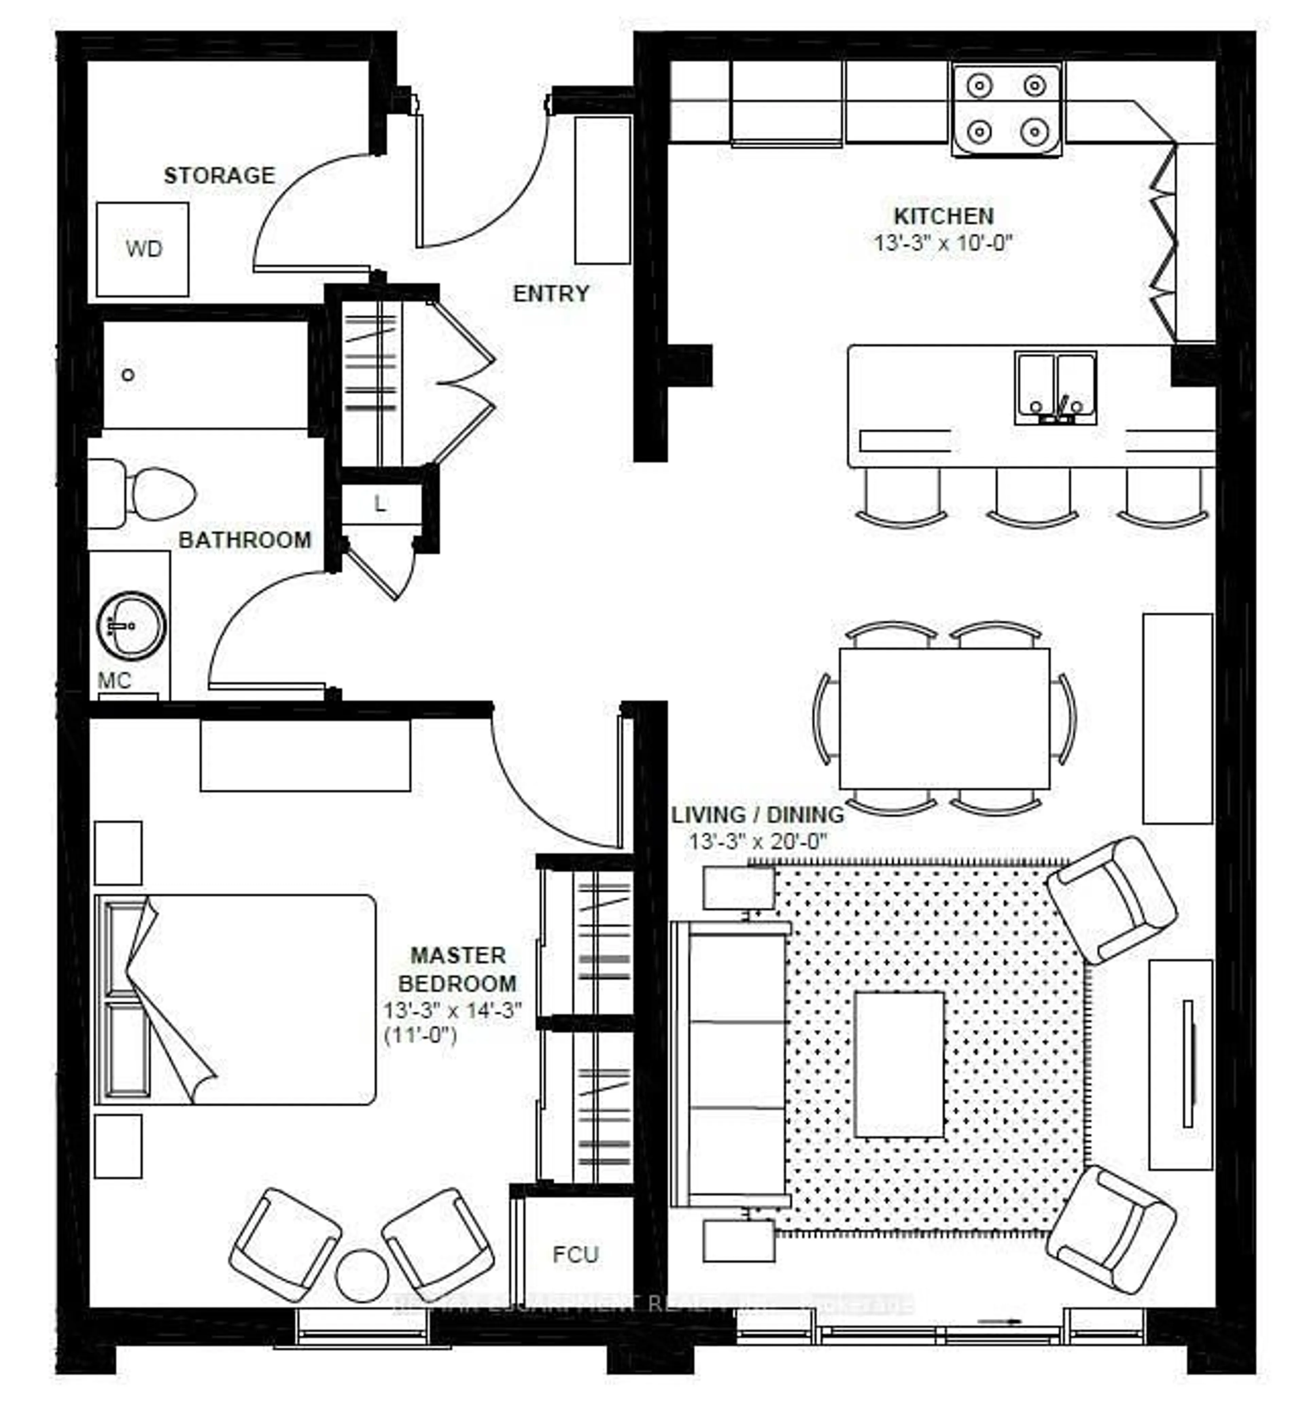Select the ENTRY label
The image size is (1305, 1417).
(551, 293)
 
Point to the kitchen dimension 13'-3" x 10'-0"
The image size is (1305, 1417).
(943, 243)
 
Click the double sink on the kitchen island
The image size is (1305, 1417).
(1056, 388)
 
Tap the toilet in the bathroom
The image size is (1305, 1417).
(152, 493)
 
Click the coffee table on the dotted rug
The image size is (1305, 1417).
(899, 1065)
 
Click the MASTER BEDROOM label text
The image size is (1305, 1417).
(457, 969)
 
